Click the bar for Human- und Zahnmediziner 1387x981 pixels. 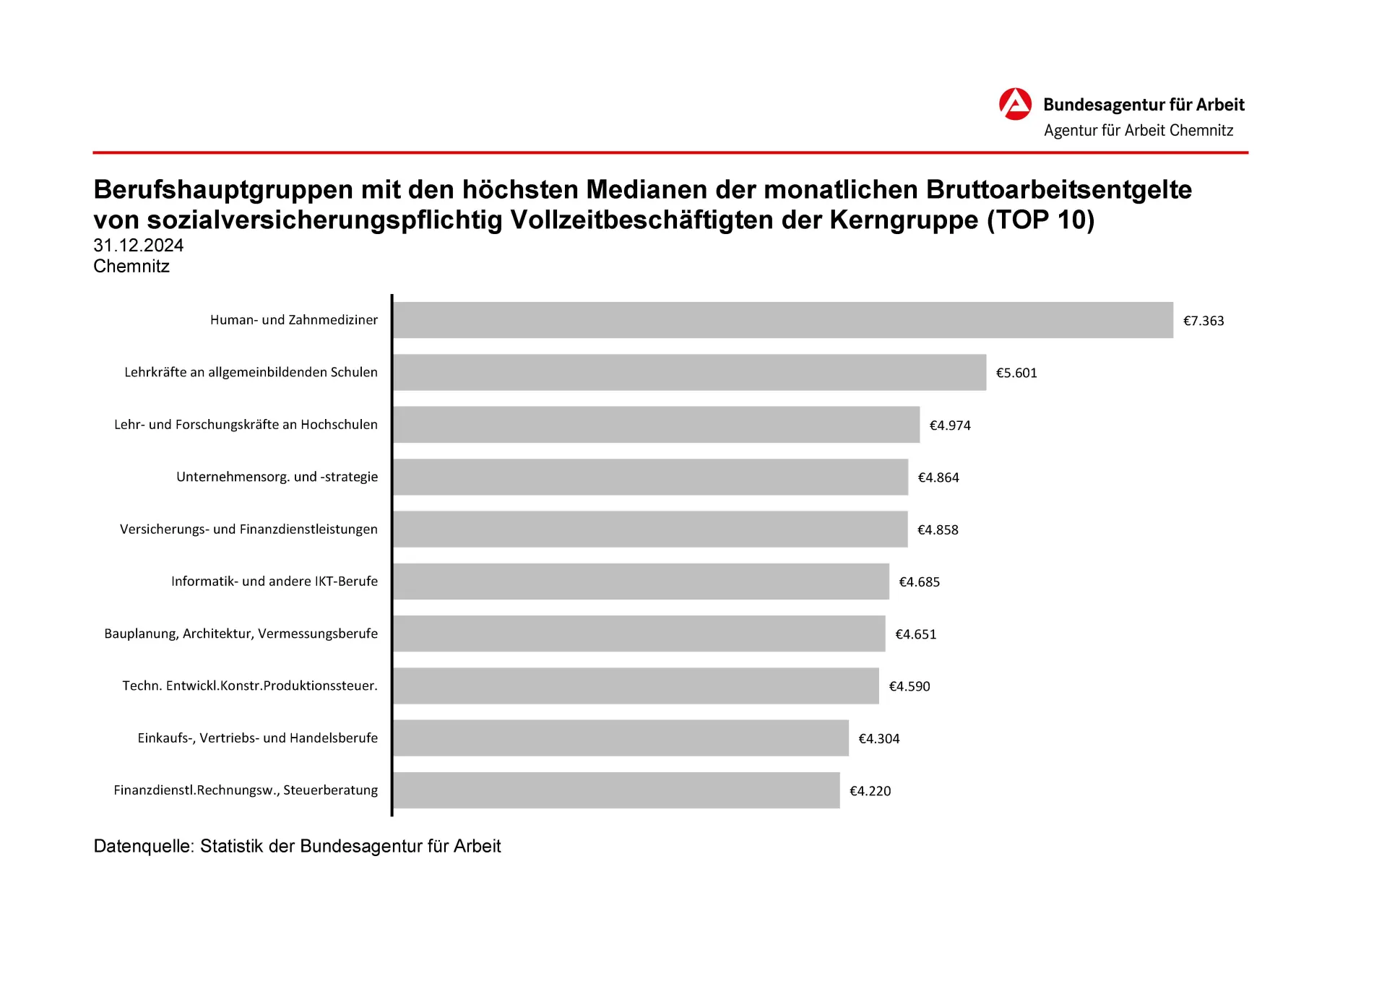click(x=783, y=320)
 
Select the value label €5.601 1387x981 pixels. click(x=1016, y=373)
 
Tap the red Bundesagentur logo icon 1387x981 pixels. click(x=1015, y=105)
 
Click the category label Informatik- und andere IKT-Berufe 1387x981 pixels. click(x=275, y=582)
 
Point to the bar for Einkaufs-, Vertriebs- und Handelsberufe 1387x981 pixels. click(x=621, y=738)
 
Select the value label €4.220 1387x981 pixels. click(x=870, y=791)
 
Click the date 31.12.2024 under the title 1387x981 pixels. click(x=139, y=246)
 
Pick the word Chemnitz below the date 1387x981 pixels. click(x=131, y=267)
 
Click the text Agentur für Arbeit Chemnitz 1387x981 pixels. click(x=1138, y=131)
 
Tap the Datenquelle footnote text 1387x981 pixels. click(x=297, y=846)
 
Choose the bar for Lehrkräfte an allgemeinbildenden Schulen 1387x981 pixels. click(x=690, y=373)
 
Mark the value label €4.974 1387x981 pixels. click(x=950, y=425)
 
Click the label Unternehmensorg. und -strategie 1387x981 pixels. click(x=277, y=477)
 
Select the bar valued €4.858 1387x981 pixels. click(x=650, y=530)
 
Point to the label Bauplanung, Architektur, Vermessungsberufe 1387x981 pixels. click(x=241, y=634)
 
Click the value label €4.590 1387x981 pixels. click(x=909, y=686)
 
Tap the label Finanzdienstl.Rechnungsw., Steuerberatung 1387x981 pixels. click(x=246, y=790)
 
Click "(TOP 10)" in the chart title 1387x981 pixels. click(x=1041, y=220)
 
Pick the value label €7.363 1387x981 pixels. click(x=1204, y=321)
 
